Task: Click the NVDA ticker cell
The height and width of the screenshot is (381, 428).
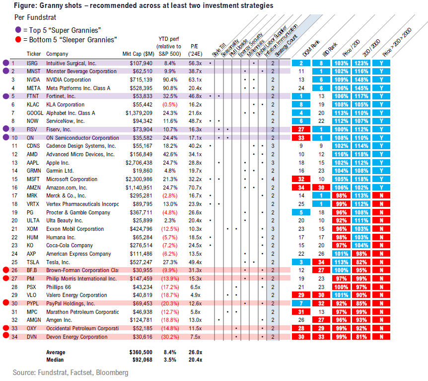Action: (33, 80)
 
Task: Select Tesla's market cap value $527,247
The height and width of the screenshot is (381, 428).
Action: (141, 262)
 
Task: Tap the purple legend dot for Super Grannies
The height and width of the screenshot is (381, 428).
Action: (18, 29)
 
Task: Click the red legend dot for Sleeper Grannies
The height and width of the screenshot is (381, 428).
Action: (18, 39)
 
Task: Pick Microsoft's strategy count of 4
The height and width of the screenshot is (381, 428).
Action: (273, 180)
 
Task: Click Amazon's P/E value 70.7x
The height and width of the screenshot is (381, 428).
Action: (195, 188)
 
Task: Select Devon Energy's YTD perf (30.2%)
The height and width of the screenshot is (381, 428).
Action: (170, 337)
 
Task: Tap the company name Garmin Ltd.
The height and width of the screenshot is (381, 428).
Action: (60, 171)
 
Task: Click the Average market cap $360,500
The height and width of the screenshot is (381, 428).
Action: (141, 352)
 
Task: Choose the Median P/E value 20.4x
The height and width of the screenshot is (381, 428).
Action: (196, 360)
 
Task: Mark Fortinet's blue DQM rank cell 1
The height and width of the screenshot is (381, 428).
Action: (301, 96)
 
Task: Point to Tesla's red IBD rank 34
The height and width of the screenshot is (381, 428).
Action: (321, 262)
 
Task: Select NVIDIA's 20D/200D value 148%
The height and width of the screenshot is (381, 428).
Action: (361, 80)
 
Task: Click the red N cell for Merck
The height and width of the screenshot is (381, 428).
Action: (381, 195)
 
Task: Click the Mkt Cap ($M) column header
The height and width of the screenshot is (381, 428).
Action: (139, 54)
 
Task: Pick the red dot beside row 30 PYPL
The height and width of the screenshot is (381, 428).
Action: (6, 302)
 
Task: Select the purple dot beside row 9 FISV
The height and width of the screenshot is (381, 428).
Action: (6, 129)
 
